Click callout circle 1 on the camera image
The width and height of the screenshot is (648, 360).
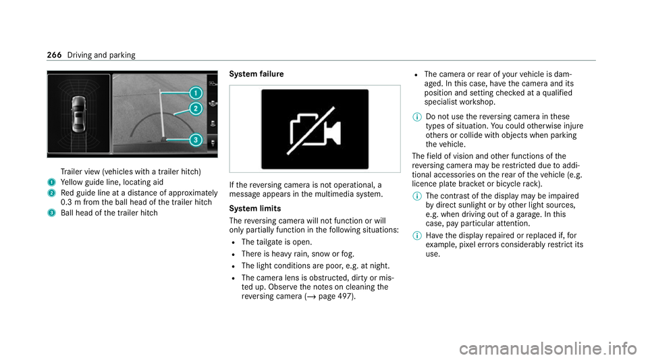coord(195,93)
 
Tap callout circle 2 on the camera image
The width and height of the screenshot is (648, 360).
coord(195,108)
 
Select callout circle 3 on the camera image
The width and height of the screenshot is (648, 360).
coord(195,140)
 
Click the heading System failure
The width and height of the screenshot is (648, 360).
coord(257,73)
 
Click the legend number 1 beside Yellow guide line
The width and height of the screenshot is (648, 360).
coord(50,181)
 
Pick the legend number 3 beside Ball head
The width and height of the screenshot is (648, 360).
coord(50,213)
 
